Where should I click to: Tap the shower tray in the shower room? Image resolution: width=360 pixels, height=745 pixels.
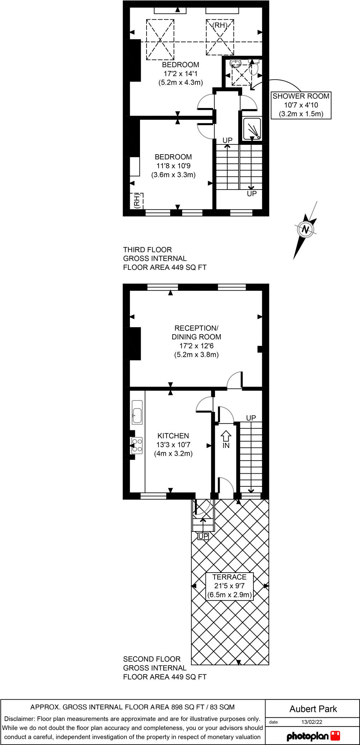click(252, 128)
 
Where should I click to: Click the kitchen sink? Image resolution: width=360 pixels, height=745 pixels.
click(137, 412)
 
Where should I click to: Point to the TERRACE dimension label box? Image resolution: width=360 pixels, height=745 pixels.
click(229, 586)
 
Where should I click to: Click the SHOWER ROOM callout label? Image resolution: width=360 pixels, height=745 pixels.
click(301, 105)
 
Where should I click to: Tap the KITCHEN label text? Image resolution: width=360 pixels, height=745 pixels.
click(173, 436)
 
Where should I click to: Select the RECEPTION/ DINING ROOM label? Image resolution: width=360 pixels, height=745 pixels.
click(196, 332)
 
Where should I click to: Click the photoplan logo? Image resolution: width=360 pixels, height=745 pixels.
click(313, 736)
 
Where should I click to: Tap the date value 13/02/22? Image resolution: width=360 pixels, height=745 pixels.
click(312, 722)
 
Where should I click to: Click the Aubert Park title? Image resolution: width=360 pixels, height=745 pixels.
click(313, 709)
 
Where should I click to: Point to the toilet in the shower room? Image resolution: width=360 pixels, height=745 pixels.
click(254, 68)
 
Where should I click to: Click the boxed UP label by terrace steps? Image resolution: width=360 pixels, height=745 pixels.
click(203, 537)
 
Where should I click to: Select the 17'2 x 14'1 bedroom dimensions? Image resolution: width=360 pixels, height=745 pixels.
click(181, 73)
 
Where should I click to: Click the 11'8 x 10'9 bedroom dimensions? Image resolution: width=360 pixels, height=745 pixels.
click(173, 166)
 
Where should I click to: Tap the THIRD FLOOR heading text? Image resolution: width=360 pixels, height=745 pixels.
click(147, 250)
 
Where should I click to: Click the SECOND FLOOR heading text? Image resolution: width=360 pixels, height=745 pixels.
click(152, 659)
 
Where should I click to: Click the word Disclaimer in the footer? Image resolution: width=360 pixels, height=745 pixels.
click(20, 719)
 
